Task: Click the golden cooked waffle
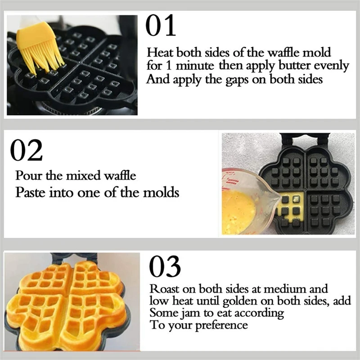pyautogui.click(x=67, y=301)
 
